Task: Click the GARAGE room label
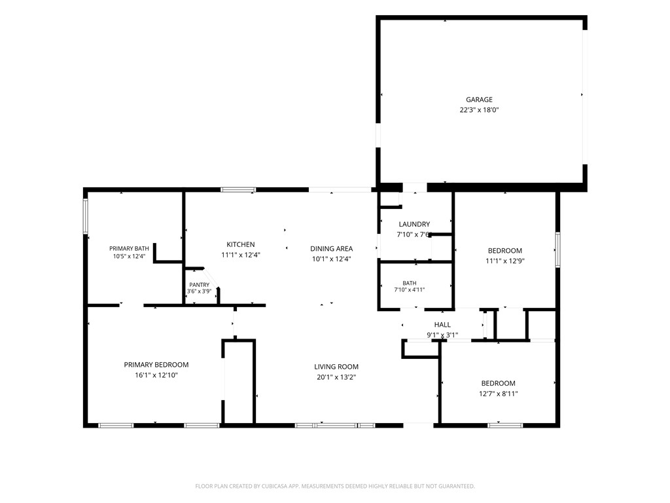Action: click(x=479, y=100)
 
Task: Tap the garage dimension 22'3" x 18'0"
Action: click(x=479, y=110)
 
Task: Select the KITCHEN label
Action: click(x=241, y=245)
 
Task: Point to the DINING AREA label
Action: click(x=332, y=248)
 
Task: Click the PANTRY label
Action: click(x=199, y=285)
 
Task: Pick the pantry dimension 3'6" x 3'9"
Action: click(x=199, y=291)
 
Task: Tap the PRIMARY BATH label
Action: click(x=129, y=248)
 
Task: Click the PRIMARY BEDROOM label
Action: click(x=156, y=365)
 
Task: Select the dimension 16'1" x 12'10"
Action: click(x=156, y=375)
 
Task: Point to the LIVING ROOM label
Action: click(x=336, y=367)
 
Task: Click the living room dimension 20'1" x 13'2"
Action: click(x=336, y=377)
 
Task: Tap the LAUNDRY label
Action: click(x=414, y=224)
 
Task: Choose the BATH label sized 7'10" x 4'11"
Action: click(x=410, y=283)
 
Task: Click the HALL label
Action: click(x=442, y=325)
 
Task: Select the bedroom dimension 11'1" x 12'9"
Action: click(x=505, y=261)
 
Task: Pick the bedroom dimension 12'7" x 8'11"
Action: click(x=498, y=394)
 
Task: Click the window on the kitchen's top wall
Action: click(x=238, y=189)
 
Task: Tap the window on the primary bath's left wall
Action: click(x=86, y=216)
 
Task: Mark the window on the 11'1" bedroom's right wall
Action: click(x=557, y=250)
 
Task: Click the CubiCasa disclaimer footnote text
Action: click(x=335, y=487)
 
